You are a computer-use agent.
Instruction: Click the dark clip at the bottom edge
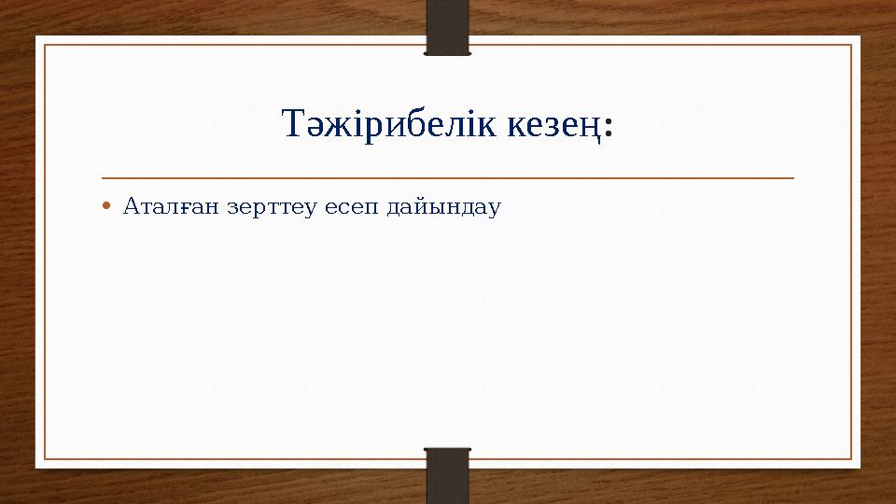click(x=448, y=474)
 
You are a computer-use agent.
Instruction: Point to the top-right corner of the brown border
click(x=851, y=45)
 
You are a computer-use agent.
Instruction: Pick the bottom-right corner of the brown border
click(x=851, y=459)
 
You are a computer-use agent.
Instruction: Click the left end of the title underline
click(x=103, y=177)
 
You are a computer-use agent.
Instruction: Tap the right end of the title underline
click(x=793, y=177)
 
